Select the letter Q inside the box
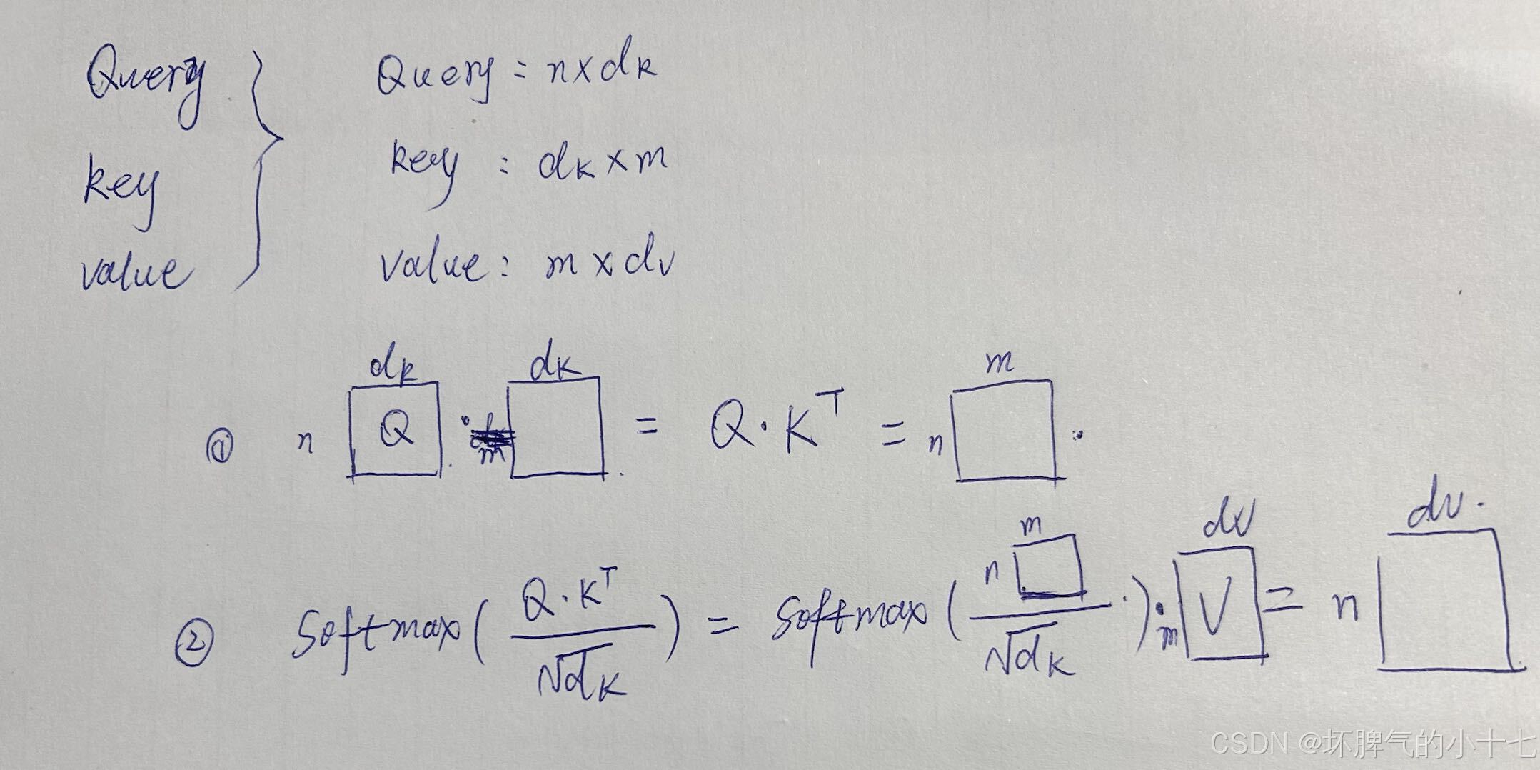click(396, 430)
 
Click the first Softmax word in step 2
click(375, 632)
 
